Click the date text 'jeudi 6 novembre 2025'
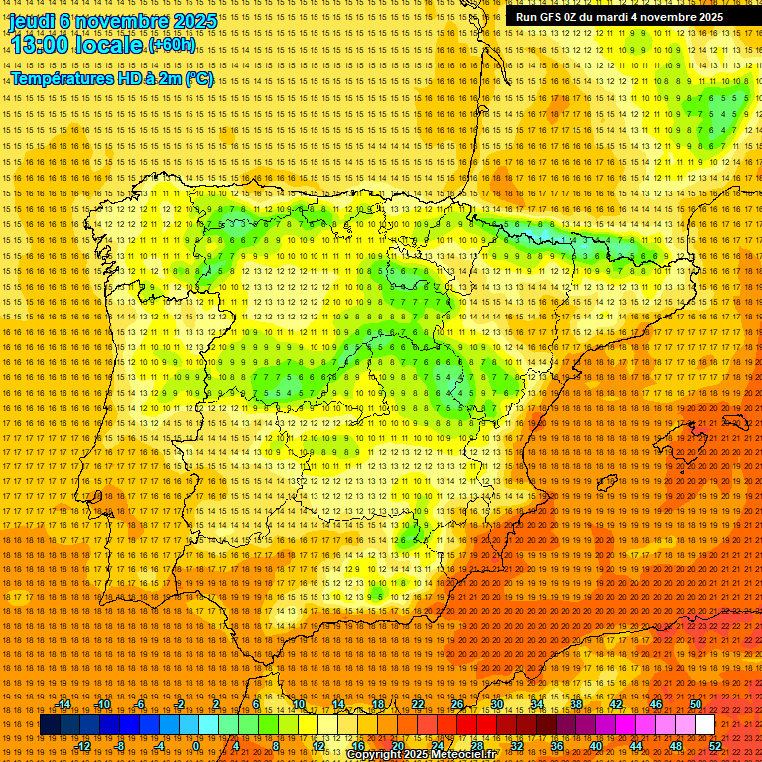113,20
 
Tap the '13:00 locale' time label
75,45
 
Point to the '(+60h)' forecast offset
172,45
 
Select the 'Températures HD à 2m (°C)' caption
111,78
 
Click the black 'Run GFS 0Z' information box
619,17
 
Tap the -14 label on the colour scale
63,704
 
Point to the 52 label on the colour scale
715,746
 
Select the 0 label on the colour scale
196,746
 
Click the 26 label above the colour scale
457,704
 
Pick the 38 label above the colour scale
576,704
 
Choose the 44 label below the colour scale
636,746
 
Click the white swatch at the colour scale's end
704,725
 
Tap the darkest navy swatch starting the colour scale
50,725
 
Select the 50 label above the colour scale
696,704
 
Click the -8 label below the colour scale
120,746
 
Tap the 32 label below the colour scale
516,746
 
